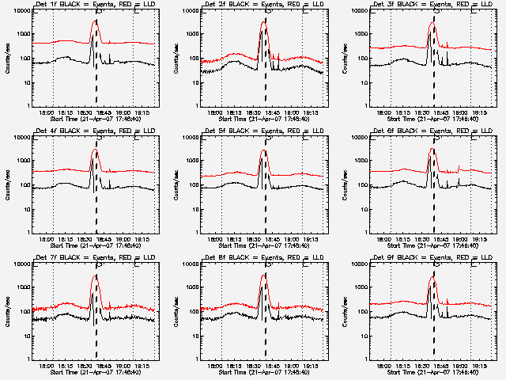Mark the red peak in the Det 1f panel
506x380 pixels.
95,21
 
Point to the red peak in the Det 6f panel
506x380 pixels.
432,148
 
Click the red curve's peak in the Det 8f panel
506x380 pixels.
263,275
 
